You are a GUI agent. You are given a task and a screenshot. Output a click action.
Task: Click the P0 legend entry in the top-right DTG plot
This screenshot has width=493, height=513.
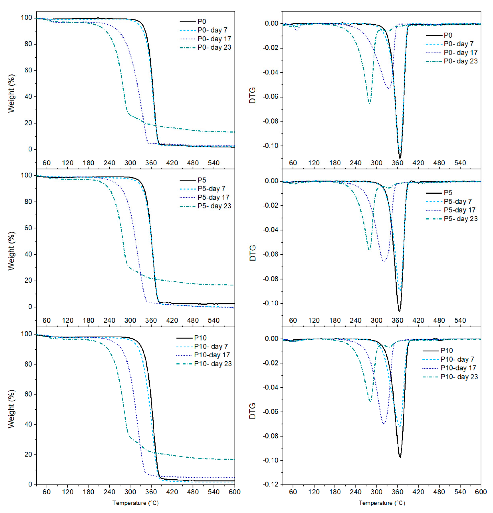pyautogui.click(x=448, y=35)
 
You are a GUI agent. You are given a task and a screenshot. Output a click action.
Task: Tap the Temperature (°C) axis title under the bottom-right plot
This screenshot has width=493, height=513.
pyautogui.click(x=382, y=503)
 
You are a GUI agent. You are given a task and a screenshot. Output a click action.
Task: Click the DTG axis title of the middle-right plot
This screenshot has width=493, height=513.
pyautogui.click(x=253, y=253)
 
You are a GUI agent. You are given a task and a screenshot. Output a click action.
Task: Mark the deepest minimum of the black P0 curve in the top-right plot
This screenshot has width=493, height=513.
pyautogui.click(x=400, y=158)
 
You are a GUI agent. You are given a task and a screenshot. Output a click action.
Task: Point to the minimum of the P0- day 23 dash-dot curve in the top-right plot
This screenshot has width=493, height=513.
pyautogui.click(x=369, y=103)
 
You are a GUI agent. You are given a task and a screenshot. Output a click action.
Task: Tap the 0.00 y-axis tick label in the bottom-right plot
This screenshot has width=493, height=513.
pyautogui.click(x=272, y=339)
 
